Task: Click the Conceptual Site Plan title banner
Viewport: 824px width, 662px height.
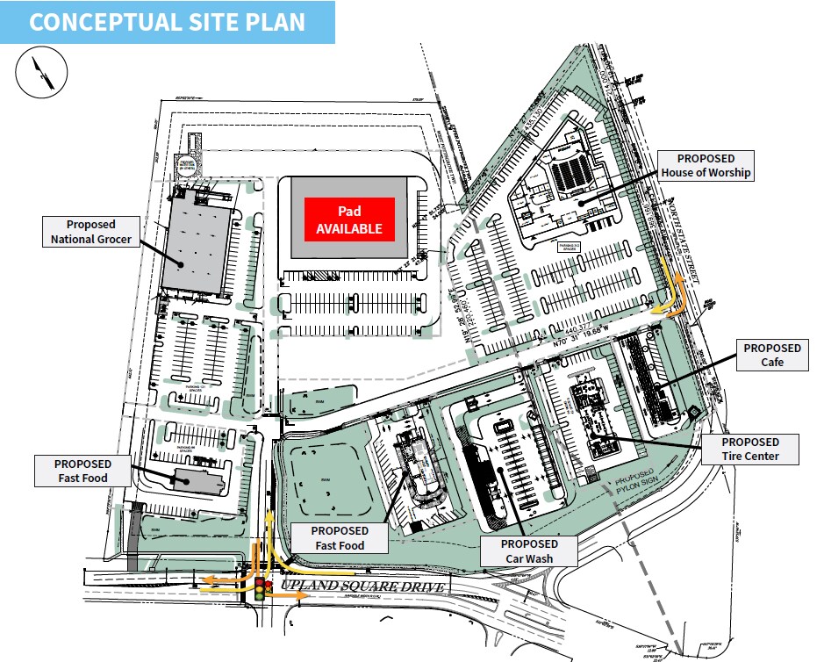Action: tap(167, 22)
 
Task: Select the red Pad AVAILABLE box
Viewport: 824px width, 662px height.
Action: tap(349, 219)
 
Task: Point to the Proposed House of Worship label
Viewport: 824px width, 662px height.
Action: tap(706, 164)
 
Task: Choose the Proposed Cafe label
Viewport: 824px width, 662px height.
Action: tap(772, 356)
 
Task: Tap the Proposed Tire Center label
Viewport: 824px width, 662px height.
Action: tap(750, 450)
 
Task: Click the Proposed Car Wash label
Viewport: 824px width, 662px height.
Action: tap(530, 550)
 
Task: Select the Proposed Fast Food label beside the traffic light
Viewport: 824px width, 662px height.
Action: tap(340, 538)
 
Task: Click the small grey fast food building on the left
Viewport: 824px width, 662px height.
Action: tap(198, 479)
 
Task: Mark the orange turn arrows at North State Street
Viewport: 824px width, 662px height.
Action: tap(672, 294)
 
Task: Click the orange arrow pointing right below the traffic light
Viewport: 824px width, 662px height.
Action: tap(286, 594)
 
